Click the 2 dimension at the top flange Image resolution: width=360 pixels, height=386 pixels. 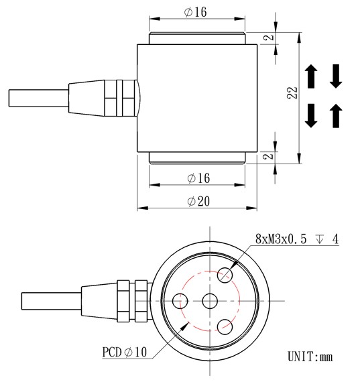click(x=269, y=38)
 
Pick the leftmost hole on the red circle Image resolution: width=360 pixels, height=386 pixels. click(x=180, y=302)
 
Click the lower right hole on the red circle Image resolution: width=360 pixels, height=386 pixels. click(x=225, y=326)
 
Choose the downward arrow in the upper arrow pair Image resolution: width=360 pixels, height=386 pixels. click(x=336, y=76)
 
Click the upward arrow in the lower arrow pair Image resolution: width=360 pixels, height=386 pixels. click(x=336, y=117)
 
